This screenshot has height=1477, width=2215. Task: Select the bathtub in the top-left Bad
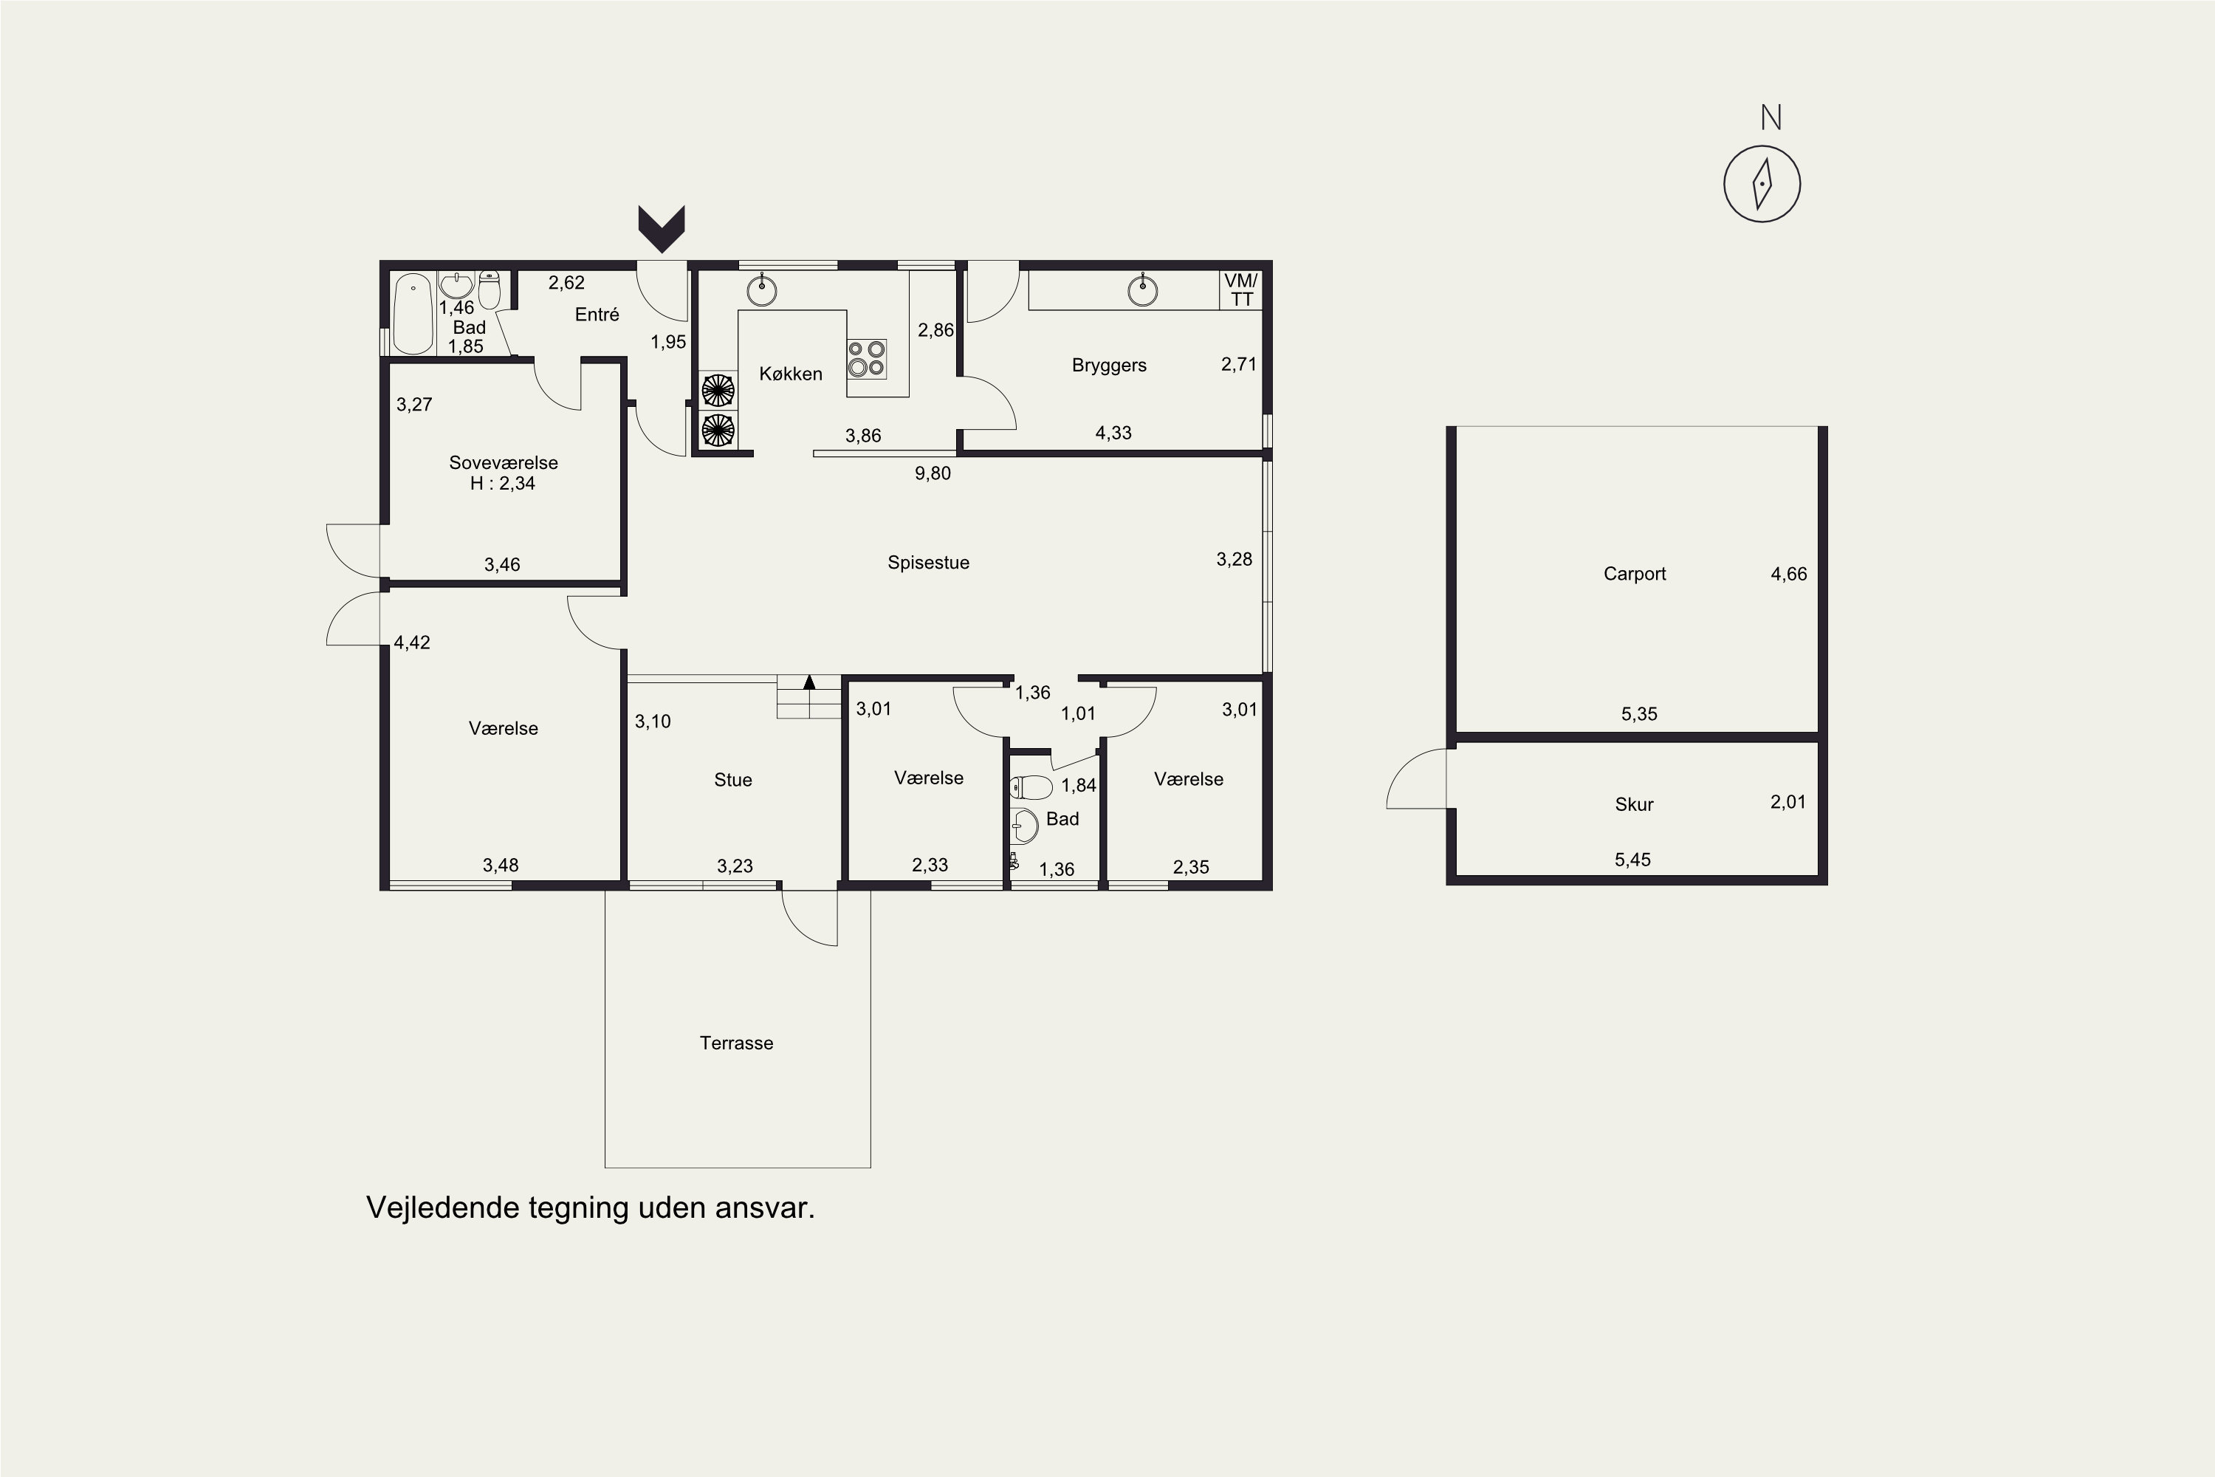click(413, 314)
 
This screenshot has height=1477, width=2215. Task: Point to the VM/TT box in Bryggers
click(1240, 290)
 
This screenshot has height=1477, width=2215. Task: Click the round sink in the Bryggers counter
click(1142, 291)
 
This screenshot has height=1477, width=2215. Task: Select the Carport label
click(1634, 574)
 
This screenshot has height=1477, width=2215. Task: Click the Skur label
click(1634, 804)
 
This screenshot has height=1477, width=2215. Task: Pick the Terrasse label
click(736, 1043)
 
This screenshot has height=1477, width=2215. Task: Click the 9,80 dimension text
click(933, 473)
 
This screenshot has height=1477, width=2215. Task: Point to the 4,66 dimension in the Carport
click(1788, 574)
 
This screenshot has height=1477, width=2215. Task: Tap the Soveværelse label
click(503, 462)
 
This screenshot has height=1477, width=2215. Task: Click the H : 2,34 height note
click(503, 483)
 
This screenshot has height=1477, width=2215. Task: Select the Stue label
click(732, 780)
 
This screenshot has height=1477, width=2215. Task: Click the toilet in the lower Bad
click(1030, 787)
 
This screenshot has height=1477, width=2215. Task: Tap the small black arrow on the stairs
click(809, 682)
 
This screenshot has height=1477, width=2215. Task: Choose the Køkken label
click(790, 374)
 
